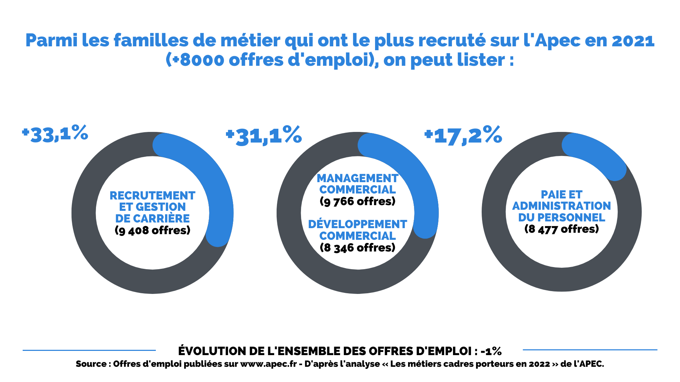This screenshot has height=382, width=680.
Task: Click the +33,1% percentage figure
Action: point(55,134)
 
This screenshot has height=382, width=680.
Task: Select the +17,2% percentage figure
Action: point(463,135)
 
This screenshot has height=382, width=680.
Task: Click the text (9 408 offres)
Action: point(152,230)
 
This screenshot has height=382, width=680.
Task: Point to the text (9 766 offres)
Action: point(357,201)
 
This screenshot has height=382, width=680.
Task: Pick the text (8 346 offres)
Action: point(357,248)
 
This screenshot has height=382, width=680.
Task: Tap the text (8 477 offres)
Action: point(561,229)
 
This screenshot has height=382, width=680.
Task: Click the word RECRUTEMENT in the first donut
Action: point(152,196)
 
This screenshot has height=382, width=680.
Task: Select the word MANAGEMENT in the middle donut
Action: point(357,178)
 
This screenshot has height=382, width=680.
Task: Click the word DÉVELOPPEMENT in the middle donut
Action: point(357,224)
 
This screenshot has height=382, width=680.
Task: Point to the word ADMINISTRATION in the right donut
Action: point(561,206)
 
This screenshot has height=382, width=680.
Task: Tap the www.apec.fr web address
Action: point(268,364)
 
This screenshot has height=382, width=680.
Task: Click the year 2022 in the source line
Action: point(539,364)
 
